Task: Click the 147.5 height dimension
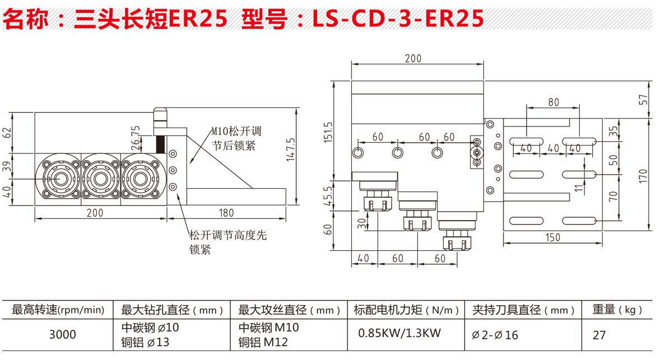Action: click(290, 150)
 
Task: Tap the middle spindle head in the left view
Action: click(101, 179)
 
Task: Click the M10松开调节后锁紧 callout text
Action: click(236, 139)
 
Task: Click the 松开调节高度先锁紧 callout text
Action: click(227, 242)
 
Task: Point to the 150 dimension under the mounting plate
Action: click(552, 237)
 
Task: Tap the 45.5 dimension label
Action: click(329, 196)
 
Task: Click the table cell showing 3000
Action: click(62, 334)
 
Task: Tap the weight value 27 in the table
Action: click(599, 335)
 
